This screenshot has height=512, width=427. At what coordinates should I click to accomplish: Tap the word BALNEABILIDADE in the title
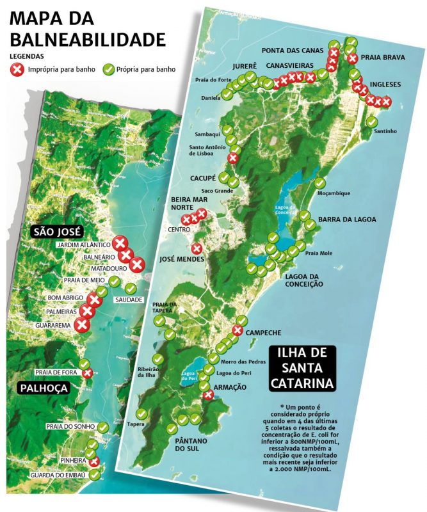coord(88,40)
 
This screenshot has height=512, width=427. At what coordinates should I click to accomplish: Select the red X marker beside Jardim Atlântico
coord(120,243)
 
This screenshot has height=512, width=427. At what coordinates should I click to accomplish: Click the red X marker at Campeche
coord(238,331)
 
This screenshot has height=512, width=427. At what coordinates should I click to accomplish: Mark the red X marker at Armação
coord(208,396)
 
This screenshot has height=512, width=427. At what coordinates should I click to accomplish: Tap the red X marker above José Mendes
coord(197,248)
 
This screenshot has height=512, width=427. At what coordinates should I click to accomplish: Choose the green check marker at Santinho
coord(372,122)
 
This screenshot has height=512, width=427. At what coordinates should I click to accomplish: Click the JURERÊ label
coord(245,66)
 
